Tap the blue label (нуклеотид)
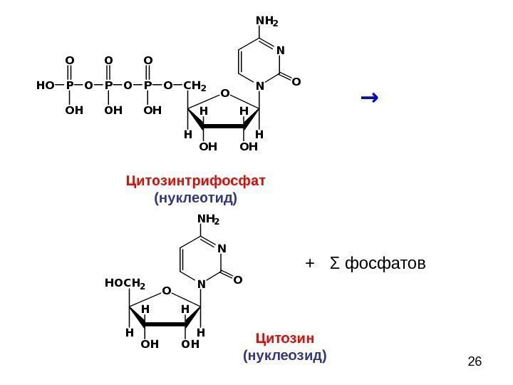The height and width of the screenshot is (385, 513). [195, 197]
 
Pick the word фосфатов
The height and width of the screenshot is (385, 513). [385, 265]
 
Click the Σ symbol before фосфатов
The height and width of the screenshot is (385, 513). [334, 265]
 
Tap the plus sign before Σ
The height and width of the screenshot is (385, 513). [309, 265]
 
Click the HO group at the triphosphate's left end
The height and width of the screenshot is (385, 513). [45, 86]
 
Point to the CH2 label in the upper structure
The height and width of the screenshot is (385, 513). [195, 87]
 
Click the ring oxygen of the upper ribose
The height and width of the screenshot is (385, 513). [224, 93]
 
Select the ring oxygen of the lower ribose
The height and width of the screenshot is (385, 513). [165, 290]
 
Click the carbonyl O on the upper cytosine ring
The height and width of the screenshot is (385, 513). [296, 82]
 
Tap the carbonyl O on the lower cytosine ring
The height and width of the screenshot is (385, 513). [238, 279]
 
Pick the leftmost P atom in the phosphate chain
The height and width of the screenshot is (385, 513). [69, 86]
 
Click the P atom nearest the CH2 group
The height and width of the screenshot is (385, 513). [147, 86]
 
